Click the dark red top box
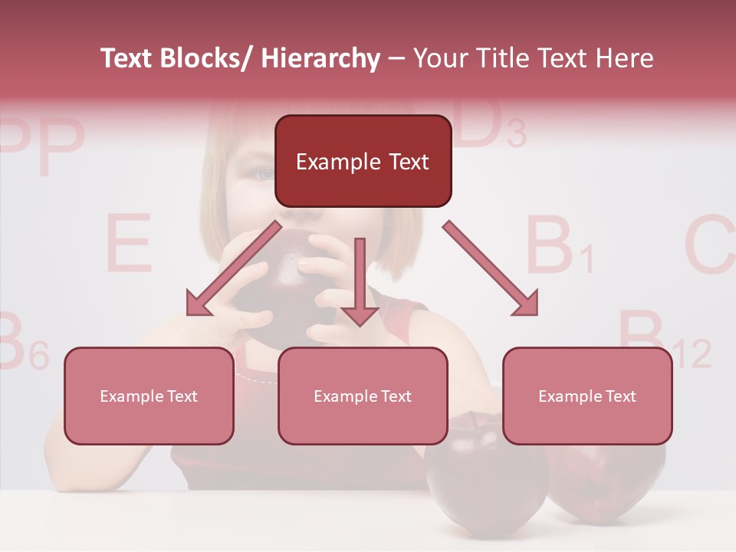click(x=363, y=161)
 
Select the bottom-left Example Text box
click(x=149, y=396)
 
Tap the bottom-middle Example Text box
click(x=363, y=396)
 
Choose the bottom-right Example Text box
click(x=587, y=396)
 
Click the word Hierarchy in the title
click(x=320, y=59)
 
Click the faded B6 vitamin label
click(x=19, y=343)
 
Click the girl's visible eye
click(x=263, y=175)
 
